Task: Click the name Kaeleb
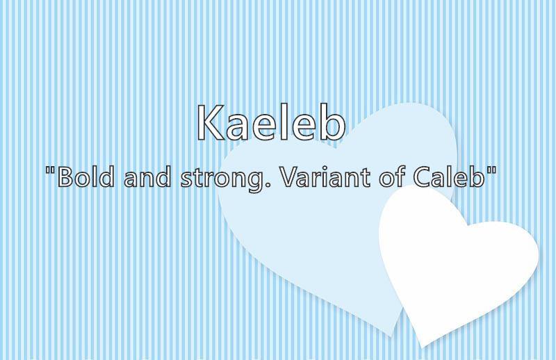point(271,123)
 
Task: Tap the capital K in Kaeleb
point(211,123)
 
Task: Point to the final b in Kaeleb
point(333,123)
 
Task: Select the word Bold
point(85,177)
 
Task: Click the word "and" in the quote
point(147,177)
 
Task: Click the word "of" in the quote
point(392,177)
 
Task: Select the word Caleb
point(448,177)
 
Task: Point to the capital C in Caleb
point(422,177)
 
